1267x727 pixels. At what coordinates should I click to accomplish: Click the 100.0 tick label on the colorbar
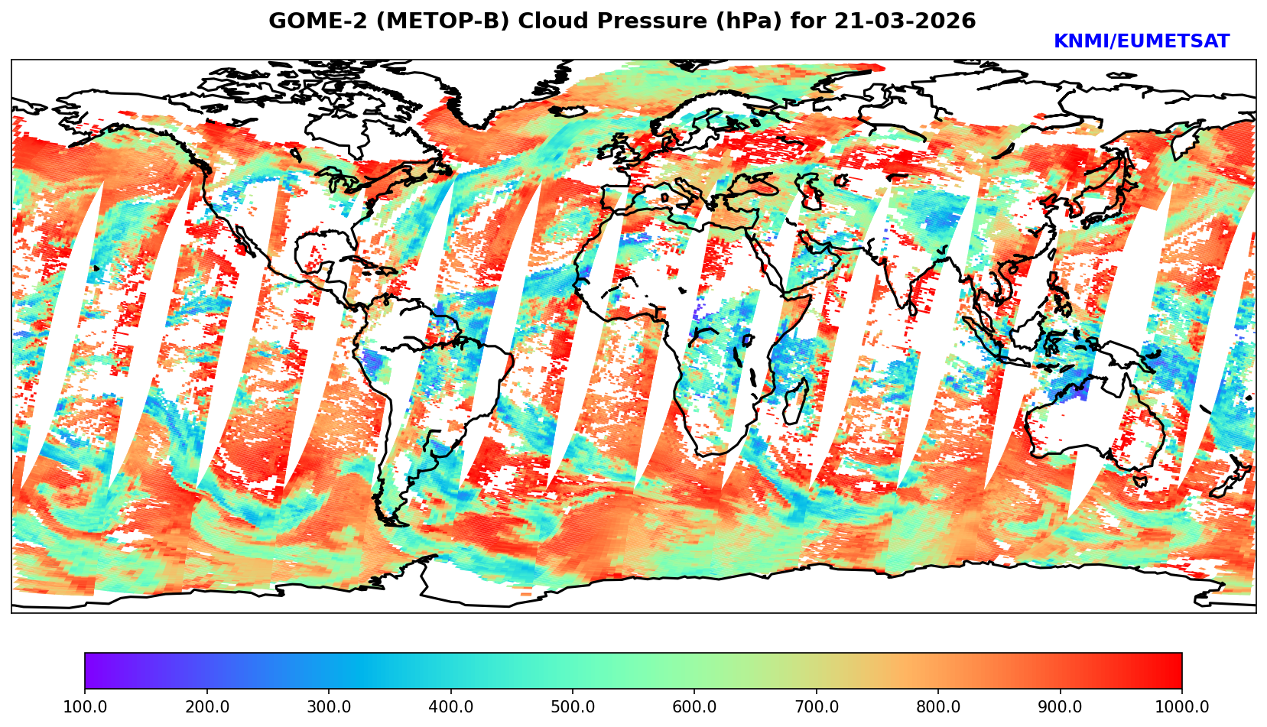[85, 707]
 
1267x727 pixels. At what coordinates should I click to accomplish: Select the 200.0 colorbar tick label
[206, 707]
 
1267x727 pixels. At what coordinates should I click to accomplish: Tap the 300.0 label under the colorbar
[329, 707]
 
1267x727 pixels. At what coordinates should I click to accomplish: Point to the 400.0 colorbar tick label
[450, 707]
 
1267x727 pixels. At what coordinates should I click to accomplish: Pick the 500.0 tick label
[573, 707]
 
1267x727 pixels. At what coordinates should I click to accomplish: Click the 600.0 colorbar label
[694, 707]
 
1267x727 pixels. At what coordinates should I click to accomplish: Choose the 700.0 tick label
[817, 707]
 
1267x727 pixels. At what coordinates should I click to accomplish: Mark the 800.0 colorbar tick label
[938, 707]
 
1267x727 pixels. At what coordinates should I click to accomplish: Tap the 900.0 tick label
[1061, 707]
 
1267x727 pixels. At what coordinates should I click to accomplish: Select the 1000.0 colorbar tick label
[1182, 707]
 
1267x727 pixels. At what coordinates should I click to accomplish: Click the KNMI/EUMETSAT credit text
[1142, 42]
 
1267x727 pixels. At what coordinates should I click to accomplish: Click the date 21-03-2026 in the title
[905, 21]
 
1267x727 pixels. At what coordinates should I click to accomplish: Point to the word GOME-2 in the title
[304, 21]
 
